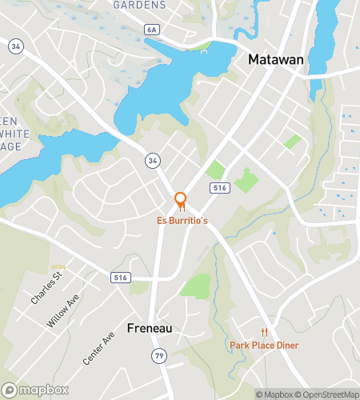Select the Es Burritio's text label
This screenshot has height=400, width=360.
(x=181, y=219)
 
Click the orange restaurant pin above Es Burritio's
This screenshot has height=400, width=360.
(x=181, y=200)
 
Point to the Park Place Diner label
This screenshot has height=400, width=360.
(x=264, y=345)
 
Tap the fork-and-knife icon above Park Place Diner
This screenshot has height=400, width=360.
(x=264, y=332)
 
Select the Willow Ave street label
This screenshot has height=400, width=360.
(x=63, y=310)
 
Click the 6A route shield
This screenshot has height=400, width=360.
(x=152, y=30)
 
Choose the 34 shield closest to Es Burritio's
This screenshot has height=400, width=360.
(x=152, y=162)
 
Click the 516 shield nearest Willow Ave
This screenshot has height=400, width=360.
(x=119, y=276)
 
